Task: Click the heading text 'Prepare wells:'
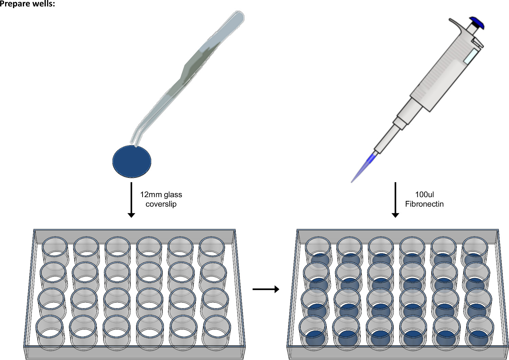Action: click(27, 4)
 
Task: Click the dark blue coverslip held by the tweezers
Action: click(132, 162)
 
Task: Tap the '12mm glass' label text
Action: click(161, 194)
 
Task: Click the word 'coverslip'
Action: click(161, 204)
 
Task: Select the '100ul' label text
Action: click(424, 194)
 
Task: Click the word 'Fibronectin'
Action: click(424, 204)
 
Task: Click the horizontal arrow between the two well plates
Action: click(266, 289)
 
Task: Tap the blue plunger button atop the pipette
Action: click(476, 23)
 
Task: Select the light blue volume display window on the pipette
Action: click(471, 56)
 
